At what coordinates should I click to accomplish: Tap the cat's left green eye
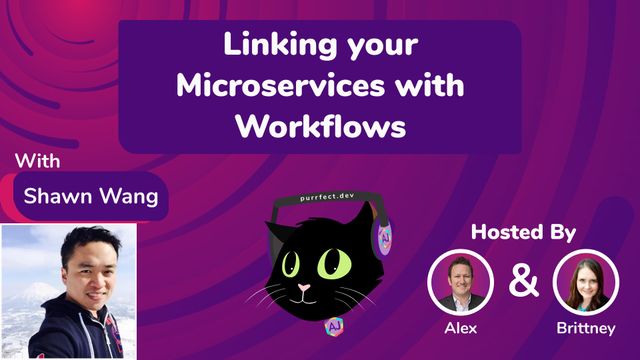(289, 266)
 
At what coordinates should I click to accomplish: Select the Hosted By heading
(525, 233)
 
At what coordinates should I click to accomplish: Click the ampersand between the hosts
(523, 281)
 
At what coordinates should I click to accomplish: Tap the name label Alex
(461, 327)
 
